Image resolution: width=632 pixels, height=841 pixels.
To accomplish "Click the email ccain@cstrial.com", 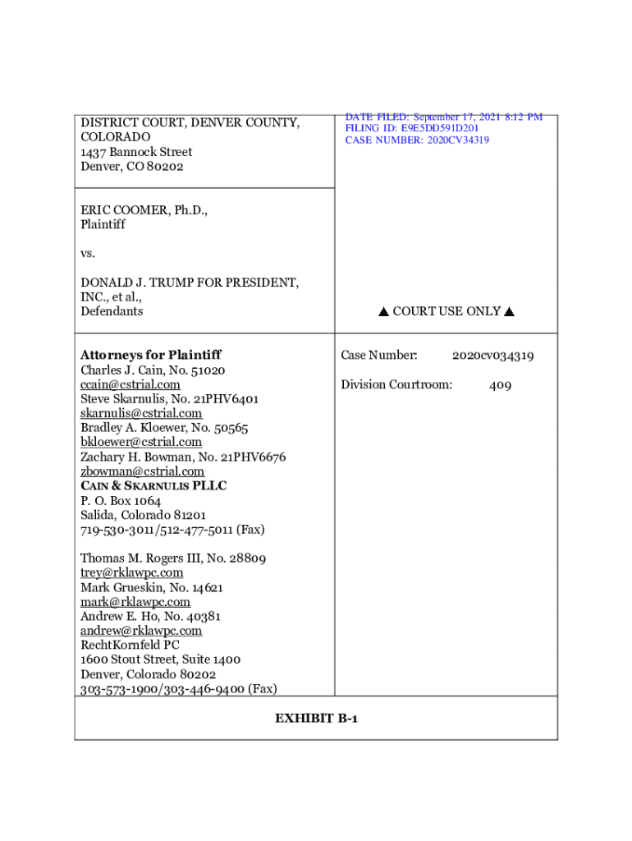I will [130, 384].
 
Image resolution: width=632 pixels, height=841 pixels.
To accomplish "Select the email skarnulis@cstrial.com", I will [141, 413].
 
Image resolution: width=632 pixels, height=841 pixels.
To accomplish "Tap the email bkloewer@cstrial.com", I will [141, 442].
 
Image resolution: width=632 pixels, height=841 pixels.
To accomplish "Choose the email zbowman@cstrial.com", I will [142, 471].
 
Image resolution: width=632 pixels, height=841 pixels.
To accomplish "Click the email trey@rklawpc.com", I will [131, 572].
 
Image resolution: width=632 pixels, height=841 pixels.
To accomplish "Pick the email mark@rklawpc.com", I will [135, 602].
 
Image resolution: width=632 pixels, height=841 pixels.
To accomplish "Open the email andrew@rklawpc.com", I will [141, 631].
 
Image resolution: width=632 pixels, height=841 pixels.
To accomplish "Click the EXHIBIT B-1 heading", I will [316, 719].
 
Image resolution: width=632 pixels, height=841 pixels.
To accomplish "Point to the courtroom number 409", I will [500, 384].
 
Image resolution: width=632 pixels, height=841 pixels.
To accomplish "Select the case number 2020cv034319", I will [492, 356].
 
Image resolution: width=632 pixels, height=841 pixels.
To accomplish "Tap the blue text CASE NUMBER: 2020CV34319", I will [417, 140].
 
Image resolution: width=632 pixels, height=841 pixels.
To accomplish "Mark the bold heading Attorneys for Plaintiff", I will [151, 355].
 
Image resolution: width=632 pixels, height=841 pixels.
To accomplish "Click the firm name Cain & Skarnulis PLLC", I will [153, 485].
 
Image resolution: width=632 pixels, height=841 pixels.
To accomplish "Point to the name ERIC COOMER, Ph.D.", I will [144, 209].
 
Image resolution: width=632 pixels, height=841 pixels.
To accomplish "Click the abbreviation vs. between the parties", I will [88, 253].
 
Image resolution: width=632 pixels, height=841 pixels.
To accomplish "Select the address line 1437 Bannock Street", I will [136, 152].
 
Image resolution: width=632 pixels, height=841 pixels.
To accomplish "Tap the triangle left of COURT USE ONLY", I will [382, 312].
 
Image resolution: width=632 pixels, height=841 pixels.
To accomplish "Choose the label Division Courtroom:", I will [396, 384].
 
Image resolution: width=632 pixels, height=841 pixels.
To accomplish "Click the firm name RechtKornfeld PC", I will [130, 645].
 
